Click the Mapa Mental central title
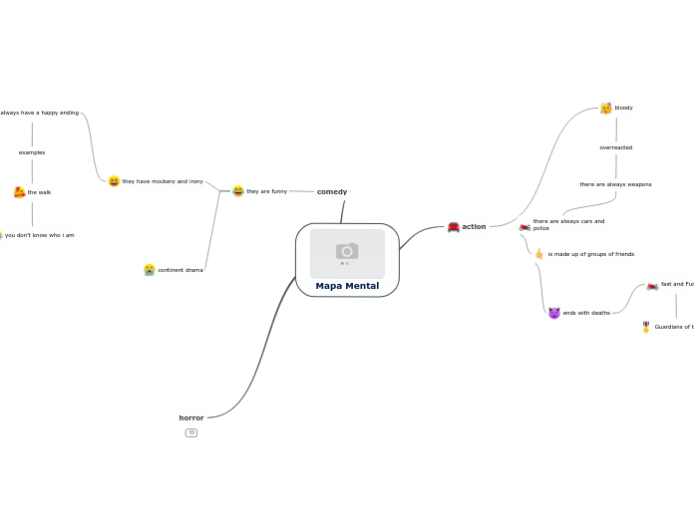tap(347, 286)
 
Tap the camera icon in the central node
tap(347, 251)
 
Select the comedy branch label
tap(332, 191)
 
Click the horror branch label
tap(191, 417)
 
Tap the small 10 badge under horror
tap(191, 432)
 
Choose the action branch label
tap(474, 226)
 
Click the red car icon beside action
tap(454, 227)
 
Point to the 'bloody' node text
tap(623, 108)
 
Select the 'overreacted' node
tap(615, 147)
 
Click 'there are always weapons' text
tap(615, 184)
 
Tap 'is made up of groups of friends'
tap(590, 254)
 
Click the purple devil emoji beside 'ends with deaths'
tap(554, 313)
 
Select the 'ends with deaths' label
tap(586, 313)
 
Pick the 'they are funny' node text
tap(266, 191)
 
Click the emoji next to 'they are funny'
tap(238, 191)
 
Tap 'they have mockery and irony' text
tap(163, 181)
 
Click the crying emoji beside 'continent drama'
tap(149, 270)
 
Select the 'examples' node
tap(32, 152)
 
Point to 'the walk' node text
tap(39, 192)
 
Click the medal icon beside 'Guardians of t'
tap(646, 327)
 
